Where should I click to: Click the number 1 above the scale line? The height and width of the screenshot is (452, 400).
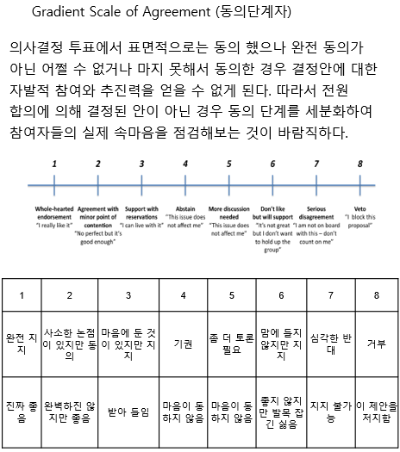click(54, 164)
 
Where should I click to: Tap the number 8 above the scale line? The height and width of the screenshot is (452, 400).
click(359, 164)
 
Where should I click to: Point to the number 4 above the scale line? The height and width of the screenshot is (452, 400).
click(185, 164)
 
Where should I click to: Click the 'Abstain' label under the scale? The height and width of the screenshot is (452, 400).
click(185, 208)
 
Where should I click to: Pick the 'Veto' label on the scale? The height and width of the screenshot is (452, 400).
click(359, 208)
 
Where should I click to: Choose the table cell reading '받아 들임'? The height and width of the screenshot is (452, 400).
click(128, 412)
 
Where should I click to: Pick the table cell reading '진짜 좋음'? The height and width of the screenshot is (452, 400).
click(22, 412)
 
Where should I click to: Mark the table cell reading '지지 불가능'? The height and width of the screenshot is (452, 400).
click(329, 412)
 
